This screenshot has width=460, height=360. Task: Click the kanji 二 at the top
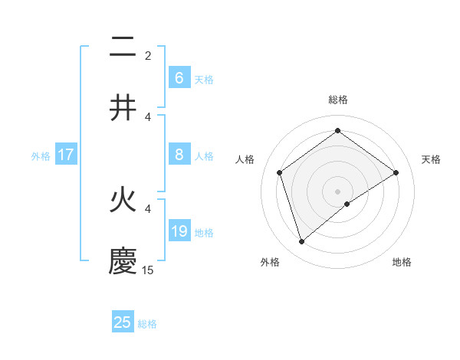click(123, 49)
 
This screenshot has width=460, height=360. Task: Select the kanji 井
click(123, 108)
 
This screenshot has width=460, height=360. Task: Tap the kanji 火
click(123, 201)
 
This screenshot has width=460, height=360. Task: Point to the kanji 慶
click(123, 260)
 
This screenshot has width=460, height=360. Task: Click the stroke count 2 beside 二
click(148, 55)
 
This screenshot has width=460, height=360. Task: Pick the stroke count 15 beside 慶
click(148, 270)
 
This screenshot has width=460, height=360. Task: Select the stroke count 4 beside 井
click(148, 116)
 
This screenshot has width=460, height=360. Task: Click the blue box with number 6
click(179, 77)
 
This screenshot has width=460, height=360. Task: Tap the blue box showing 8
click(179, 155)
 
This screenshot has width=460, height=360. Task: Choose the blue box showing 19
click(179, 231)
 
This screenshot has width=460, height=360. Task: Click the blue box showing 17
click(65, 155)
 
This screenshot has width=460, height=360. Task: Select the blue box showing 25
click(123, 322)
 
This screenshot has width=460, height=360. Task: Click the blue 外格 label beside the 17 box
click(41, 155)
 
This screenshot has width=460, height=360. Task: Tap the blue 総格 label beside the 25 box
click(147, 323)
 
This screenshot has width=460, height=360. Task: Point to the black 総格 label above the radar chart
click(337, 100)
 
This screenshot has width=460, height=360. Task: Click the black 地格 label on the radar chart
click(402, 262)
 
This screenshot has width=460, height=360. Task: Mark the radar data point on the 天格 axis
click(396, 172)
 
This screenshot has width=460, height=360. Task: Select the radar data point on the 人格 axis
click(280, 172)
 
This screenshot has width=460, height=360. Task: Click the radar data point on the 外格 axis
click(301, 242)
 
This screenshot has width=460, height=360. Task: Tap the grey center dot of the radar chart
click(337, 191)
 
